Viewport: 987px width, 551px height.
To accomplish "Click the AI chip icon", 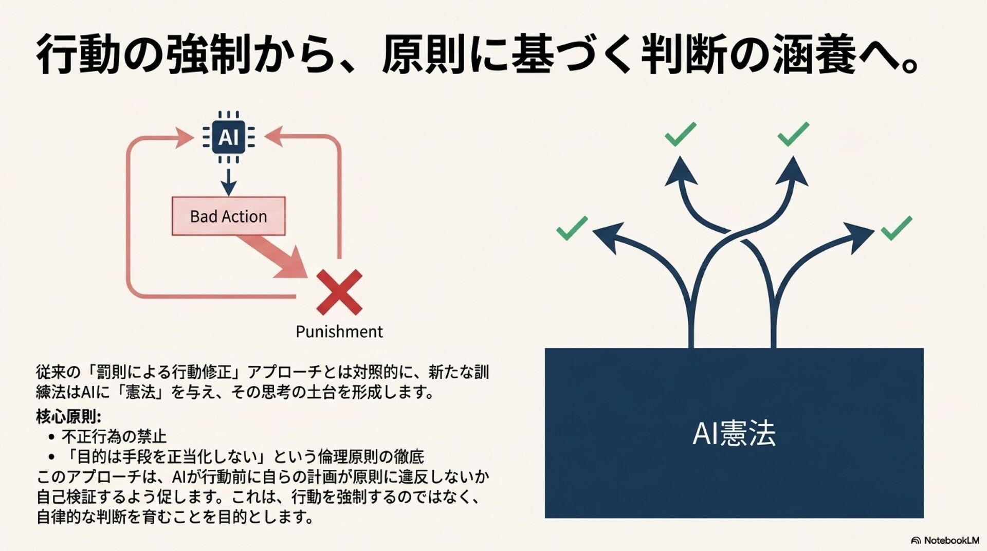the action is pos(228,137).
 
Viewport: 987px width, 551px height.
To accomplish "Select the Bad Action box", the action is pos(228,216).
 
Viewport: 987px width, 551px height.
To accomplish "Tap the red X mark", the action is pos(339,292).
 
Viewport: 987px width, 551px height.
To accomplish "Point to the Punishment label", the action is pos(339,332).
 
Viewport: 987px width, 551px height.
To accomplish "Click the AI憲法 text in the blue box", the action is pos(734,433).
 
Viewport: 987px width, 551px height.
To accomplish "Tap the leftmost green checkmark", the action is pos(572,228).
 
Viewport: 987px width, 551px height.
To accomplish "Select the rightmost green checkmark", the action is pos(896,228).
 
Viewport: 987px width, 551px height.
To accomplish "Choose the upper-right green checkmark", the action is pos(793,134).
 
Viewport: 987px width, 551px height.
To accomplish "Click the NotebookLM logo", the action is pos(945,540).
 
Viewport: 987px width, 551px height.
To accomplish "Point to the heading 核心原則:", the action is pos(69,416).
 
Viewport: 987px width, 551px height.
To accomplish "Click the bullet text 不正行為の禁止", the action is pos(114,437).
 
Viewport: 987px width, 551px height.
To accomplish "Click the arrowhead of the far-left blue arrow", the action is pos(608,236).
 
